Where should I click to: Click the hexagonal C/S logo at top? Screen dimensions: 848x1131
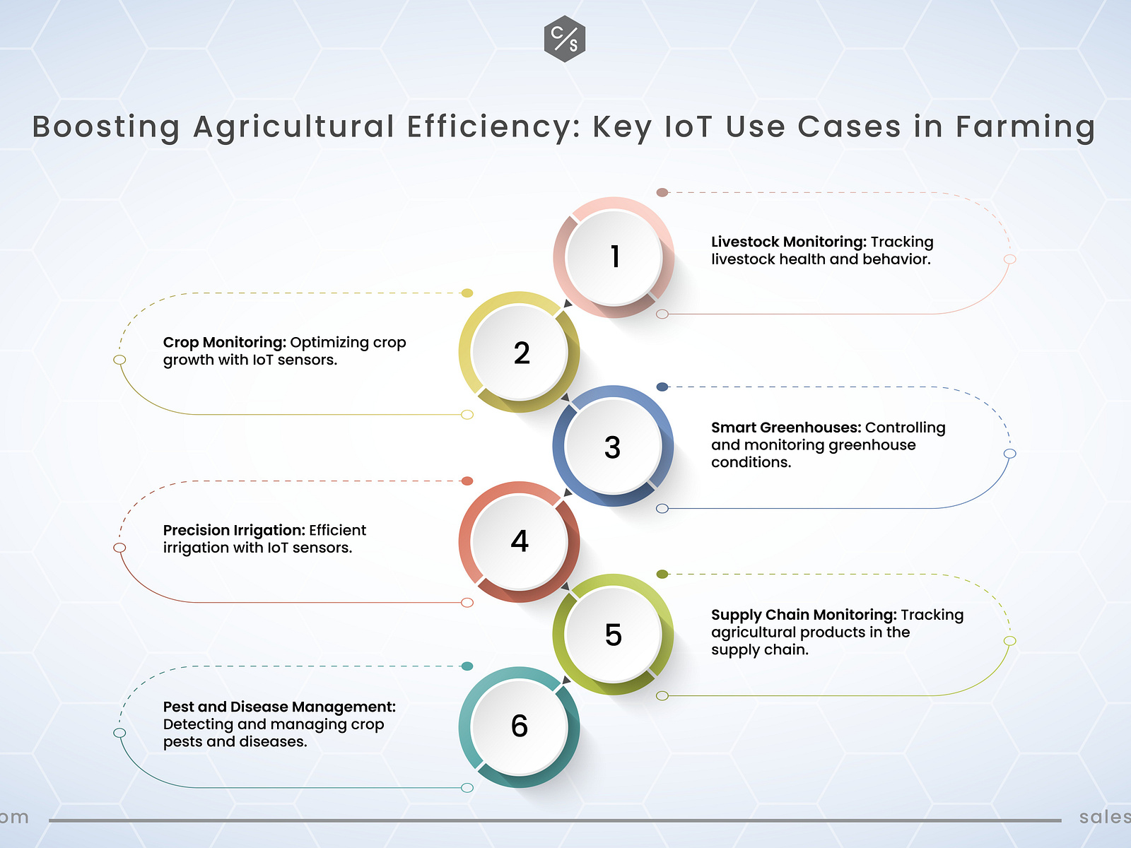[565, 38]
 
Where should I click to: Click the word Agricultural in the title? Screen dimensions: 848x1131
[293, 127]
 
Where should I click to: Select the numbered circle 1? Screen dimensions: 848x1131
[614, 257]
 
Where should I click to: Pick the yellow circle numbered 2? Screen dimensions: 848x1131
[520, 352]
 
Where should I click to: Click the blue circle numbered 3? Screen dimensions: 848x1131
[613, 447]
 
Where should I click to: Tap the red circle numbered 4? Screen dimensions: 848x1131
[520, 541]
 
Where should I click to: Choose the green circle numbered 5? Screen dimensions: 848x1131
[613, 635]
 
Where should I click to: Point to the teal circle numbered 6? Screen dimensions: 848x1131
[520, 726]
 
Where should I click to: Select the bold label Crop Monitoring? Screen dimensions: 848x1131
[224, 343]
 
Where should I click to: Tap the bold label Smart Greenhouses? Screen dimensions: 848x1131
[786, 428]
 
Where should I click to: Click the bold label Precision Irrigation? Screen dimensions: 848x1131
[234, 530]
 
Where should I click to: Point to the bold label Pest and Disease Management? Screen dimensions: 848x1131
[279, 707]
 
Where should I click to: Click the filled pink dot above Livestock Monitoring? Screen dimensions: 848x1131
[662, 192]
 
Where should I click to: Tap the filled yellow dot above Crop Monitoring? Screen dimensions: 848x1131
[467, 293]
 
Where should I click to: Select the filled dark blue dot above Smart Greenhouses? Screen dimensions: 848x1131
[662, 387]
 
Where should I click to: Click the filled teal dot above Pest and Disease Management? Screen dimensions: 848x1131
[467, 666]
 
